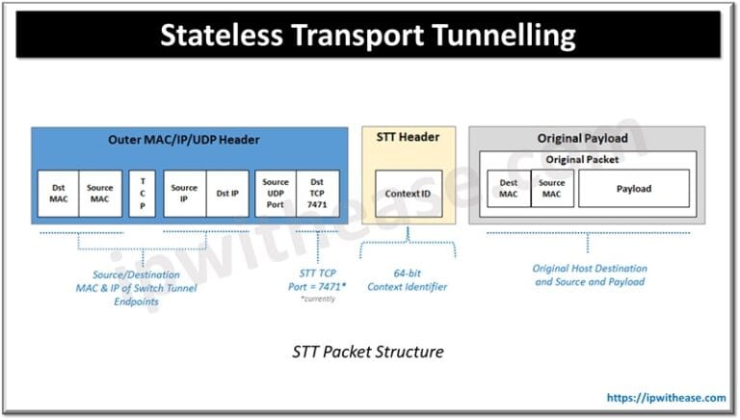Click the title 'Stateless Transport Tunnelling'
pos(368,35)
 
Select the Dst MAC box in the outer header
pos(60,195)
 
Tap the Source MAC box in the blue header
pos(101,195)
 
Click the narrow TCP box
pos(143,195)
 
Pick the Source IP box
pos(184,195)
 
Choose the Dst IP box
pos(226,195)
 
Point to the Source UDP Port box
pos(275,195)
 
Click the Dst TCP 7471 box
pos(317,195)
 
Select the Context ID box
pos(408,194)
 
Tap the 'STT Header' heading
pos(408,137)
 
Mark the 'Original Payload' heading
pos(587,138)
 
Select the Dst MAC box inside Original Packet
pos(509,189)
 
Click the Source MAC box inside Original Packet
pos(552,189)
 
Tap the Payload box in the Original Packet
pos(633,189)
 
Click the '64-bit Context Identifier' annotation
pos(408,279)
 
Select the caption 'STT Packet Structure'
pos(368,352)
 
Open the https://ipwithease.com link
pos(665,397)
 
